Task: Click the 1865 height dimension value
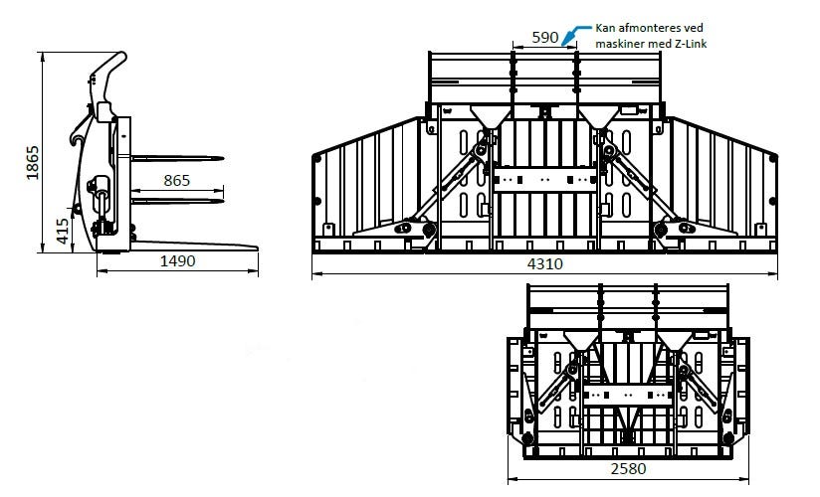[33, 163]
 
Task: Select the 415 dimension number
[63, 231]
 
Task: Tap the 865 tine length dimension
[177, 180]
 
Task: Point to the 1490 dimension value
[177, 260]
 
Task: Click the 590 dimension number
[545, 38]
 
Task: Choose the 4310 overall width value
[545, 264]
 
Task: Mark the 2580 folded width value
[628, 469]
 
